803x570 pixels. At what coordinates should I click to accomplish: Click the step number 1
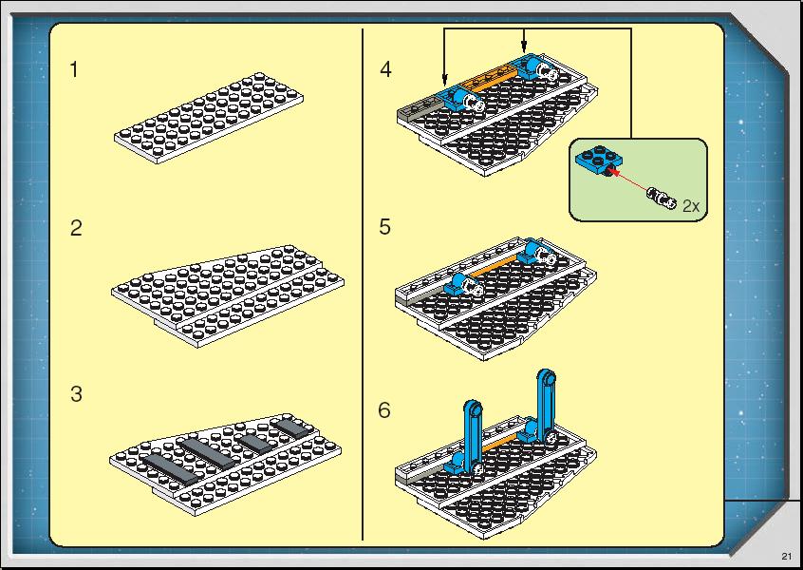click(x=74, y=69)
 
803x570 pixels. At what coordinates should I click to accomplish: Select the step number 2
click(x=76, y=228)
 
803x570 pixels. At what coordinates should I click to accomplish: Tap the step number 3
click(x=76, y=394)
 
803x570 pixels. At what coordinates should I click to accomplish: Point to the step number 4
click(x=385, y=69)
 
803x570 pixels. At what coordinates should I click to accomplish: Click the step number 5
click(x=385, y=226)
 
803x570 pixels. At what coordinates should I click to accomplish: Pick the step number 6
click(x=384, y=410)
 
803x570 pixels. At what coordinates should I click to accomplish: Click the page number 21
click(x=787, y=557)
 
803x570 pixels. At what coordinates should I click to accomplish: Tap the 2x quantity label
click(x=691, y=206)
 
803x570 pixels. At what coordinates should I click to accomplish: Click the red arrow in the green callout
click(x=630, y=180)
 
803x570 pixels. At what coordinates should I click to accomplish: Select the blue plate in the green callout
click(x=598, y=160)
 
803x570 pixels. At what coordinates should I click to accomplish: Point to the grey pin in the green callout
click(x=662, y=198)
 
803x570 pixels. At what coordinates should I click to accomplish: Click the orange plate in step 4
click(x=489, y=79)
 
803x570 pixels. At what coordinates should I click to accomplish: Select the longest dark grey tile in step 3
click(x=170, y=469)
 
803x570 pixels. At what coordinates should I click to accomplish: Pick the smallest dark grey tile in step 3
click(x=289, y=427)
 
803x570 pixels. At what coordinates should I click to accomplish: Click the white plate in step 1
click(x=209, y=118)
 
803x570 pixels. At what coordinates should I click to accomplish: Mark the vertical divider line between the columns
click(x=363, y=284)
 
